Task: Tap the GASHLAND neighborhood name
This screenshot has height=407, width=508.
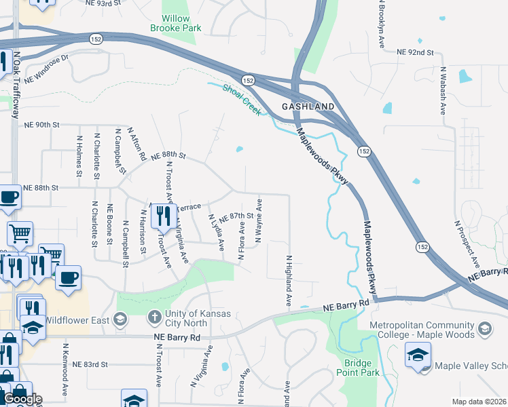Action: pyautogui.click(x=308, y=107)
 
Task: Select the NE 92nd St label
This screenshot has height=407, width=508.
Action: pyautogui.click(x=415, y=52)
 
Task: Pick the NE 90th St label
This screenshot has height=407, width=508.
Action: pyautogui.click(x=42, y=125)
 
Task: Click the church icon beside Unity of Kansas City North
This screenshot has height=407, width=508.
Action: pyautogui.click(x=154, y=317)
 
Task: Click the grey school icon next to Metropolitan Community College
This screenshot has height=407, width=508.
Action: pyautogui.click(x=484, y=330)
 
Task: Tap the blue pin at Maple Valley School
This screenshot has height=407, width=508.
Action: pyautogui.click(x=418, y=354)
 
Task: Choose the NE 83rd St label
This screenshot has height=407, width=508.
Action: pyautogui.click(x=90, y=364)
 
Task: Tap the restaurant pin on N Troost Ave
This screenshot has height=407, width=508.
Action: pyautogui.click(x=163, y=216)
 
